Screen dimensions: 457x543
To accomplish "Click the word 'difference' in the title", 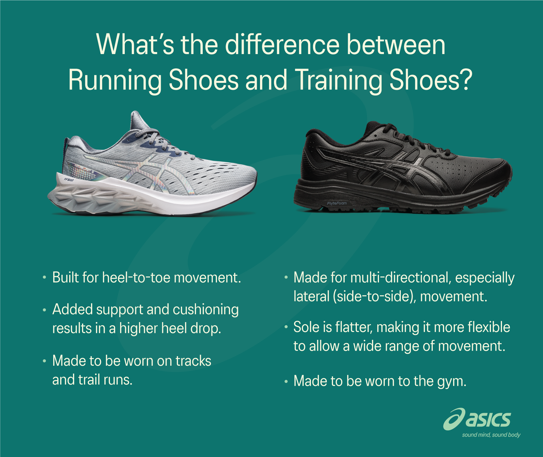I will tap(282, 45).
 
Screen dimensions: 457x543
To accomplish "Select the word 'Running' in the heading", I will tap(115, 80).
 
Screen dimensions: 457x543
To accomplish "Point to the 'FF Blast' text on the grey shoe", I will tap(69, 180).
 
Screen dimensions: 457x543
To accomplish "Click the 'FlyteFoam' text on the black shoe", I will tap(337, 203).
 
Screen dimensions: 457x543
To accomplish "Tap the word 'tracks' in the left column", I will tap(193, 361).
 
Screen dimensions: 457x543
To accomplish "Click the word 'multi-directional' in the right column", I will tap(401, 277).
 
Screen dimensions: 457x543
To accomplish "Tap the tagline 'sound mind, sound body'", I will tap(491, 435).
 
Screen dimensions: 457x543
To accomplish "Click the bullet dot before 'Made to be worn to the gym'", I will tap(286, 381).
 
